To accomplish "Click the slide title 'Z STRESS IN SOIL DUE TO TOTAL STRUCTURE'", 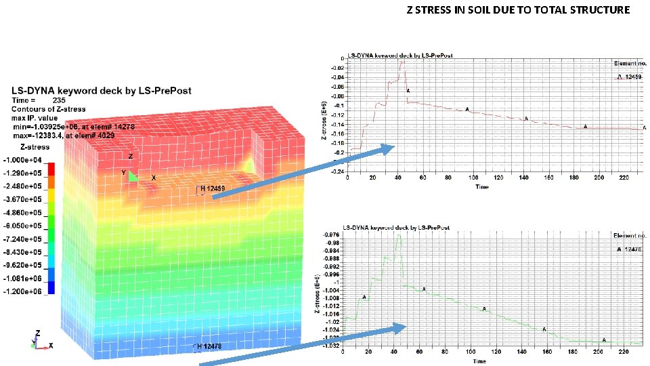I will point(518,10).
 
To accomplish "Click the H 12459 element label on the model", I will point(212,188).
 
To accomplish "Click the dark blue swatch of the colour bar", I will point(51,287).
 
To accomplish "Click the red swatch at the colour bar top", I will point(51,165).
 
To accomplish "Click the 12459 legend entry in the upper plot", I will point(630,77).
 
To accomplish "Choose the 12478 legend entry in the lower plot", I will point(630,249).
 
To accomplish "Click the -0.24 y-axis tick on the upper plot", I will point(336,171).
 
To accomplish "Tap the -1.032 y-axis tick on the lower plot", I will point(331,345).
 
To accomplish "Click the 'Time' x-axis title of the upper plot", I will point(481,186).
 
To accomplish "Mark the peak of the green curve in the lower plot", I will point(399,235).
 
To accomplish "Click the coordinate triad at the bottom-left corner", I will point(39,342).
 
